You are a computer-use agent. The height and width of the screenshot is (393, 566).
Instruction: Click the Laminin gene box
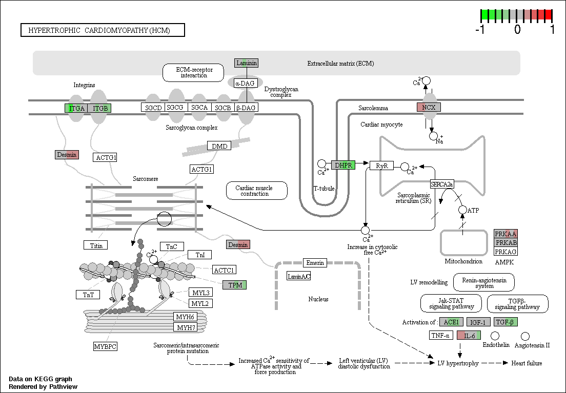(247, 63)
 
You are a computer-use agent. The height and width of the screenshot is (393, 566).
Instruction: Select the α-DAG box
(245, 84)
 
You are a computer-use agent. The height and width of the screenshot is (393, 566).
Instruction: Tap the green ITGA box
(76, 108)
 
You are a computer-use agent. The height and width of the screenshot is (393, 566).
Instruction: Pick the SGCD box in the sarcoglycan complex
(153, 108)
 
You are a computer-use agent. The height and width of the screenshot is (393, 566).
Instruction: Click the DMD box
(219, 146)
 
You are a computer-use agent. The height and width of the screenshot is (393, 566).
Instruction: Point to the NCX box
(429, 107)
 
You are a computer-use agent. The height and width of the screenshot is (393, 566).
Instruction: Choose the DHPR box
(343, 166)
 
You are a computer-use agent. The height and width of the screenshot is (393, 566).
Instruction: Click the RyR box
(382, 166)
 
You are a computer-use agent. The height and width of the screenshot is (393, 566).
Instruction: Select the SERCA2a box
(442, 184)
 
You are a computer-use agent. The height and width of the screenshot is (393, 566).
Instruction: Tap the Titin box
(96, 245)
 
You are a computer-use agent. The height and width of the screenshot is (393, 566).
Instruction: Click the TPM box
(235, 285)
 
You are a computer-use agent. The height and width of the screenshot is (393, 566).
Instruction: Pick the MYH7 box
(186, 327)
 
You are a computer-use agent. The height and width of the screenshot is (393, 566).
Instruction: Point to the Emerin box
(315, 263)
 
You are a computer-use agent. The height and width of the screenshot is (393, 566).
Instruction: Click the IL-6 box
(469, 336)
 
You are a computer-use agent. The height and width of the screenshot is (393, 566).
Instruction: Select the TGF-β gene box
(506, 322)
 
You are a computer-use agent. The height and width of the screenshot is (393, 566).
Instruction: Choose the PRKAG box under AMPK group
(506, 252)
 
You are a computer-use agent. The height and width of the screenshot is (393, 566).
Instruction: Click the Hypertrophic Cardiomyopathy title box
(103, 30)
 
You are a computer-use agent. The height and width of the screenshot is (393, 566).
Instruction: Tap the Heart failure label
(527, 363)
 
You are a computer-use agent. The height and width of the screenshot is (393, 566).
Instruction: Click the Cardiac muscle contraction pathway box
(257, 191)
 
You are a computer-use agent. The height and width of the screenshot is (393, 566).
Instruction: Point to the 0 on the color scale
(517, 29)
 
